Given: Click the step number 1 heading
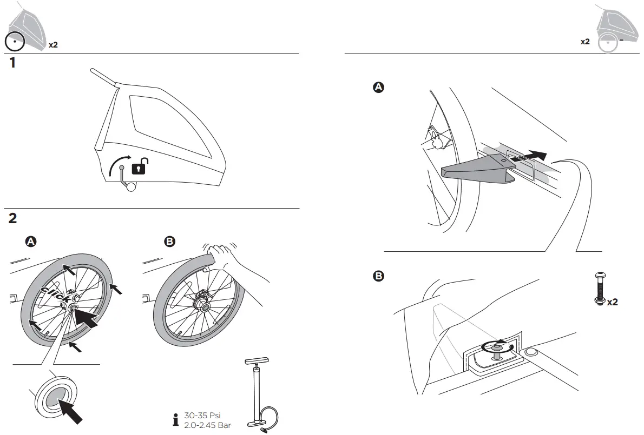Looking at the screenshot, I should pyautogui.click(x=12, y=63).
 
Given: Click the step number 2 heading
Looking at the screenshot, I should pyautogui.click(x=13, y=218).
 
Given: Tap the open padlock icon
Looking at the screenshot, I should pyautogui.click(x=140, y=167).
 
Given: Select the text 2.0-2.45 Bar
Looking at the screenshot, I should pyautogui.click(x=208, y=425).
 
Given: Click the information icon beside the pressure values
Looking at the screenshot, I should pyautogui.click(x=175, y=420).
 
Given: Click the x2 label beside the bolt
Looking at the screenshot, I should pyautogui.click(x=612, y=302).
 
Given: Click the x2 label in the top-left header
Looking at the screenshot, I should pyautogui.click(x=53, y=44).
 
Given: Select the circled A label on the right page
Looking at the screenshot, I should pyautogui.click(x=379, y=88).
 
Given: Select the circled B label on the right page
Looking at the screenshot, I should pyautogui.click(x=379, y=276).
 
